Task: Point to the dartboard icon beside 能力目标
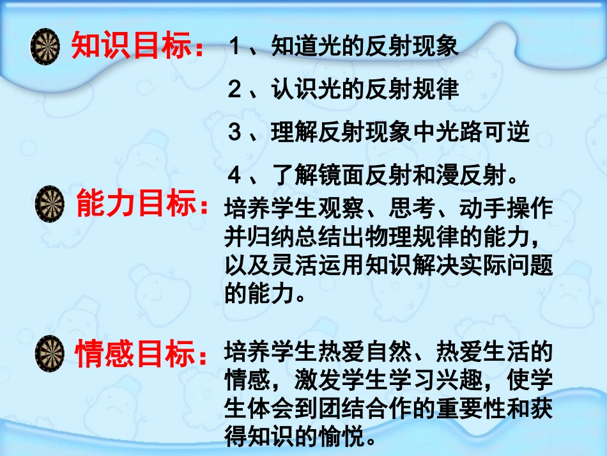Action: (x=50, y=204)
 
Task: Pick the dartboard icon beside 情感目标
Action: (x=50, y=354)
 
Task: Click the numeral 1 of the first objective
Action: (x=234, y=47)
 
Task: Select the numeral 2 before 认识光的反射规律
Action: (x=234, y=90)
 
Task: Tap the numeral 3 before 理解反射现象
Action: (x=234, y=133)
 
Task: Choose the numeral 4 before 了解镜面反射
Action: (x=234, y=175)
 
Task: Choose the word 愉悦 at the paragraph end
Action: (x=344, y=438)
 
